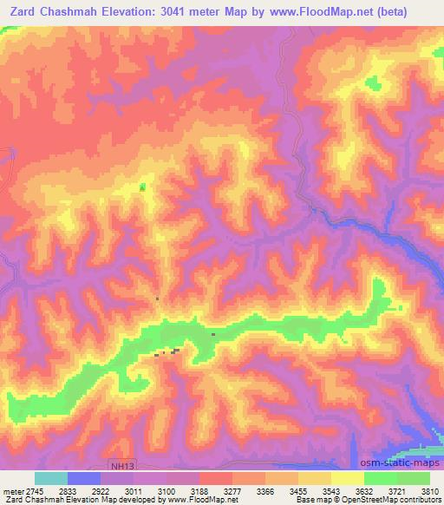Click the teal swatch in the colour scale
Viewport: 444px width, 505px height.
point(51,478)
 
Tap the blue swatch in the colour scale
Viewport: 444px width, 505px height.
point(84,478)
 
